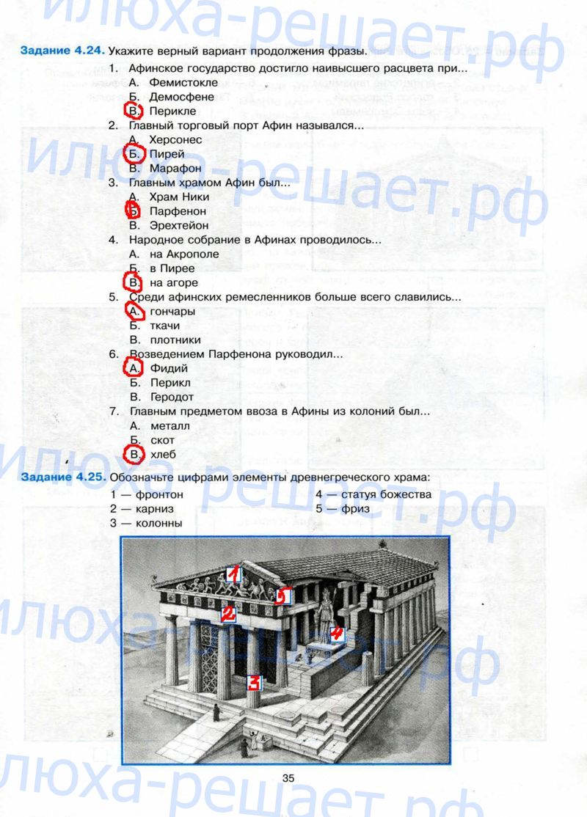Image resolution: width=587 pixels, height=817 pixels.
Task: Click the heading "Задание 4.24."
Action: (62, 51)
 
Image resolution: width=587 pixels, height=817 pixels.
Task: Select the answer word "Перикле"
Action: (172, 111)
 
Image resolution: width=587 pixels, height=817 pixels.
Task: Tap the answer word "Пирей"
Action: (167, 154)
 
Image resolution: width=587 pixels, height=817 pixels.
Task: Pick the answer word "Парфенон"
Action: (178, 211)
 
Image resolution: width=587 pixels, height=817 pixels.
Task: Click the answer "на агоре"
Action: (174, 283)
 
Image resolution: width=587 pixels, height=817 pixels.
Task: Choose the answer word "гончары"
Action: (172, 312)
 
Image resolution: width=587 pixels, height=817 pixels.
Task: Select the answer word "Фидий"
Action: (169, 368)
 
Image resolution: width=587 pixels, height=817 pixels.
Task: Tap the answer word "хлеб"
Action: (163, 455)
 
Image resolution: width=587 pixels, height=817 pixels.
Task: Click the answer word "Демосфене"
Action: (181, 97)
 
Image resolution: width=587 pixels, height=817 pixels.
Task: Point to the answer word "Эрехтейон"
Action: (179, 226)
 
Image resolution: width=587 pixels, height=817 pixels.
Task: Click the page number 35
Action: (288, 778)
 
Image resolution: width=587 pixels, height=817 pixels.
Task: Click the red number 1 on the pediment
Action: (234, 574)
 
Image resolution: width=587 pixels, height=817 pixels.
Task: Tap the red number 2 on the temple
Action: (228, 615)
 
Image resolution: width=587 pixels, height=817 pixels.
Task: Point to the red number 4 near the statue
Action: (337, 633)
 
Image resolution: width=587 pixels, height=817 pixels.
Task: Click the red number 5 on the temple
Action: (282, 596)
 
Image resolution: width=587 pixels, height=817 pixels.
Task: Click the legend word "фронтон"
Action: (159, 494)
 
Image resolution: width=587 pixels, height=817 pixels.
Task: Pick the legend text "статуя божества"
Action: (386, 494)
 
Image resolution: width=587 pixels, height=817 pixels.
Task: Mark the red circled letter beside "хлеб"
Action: (134, 455)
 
